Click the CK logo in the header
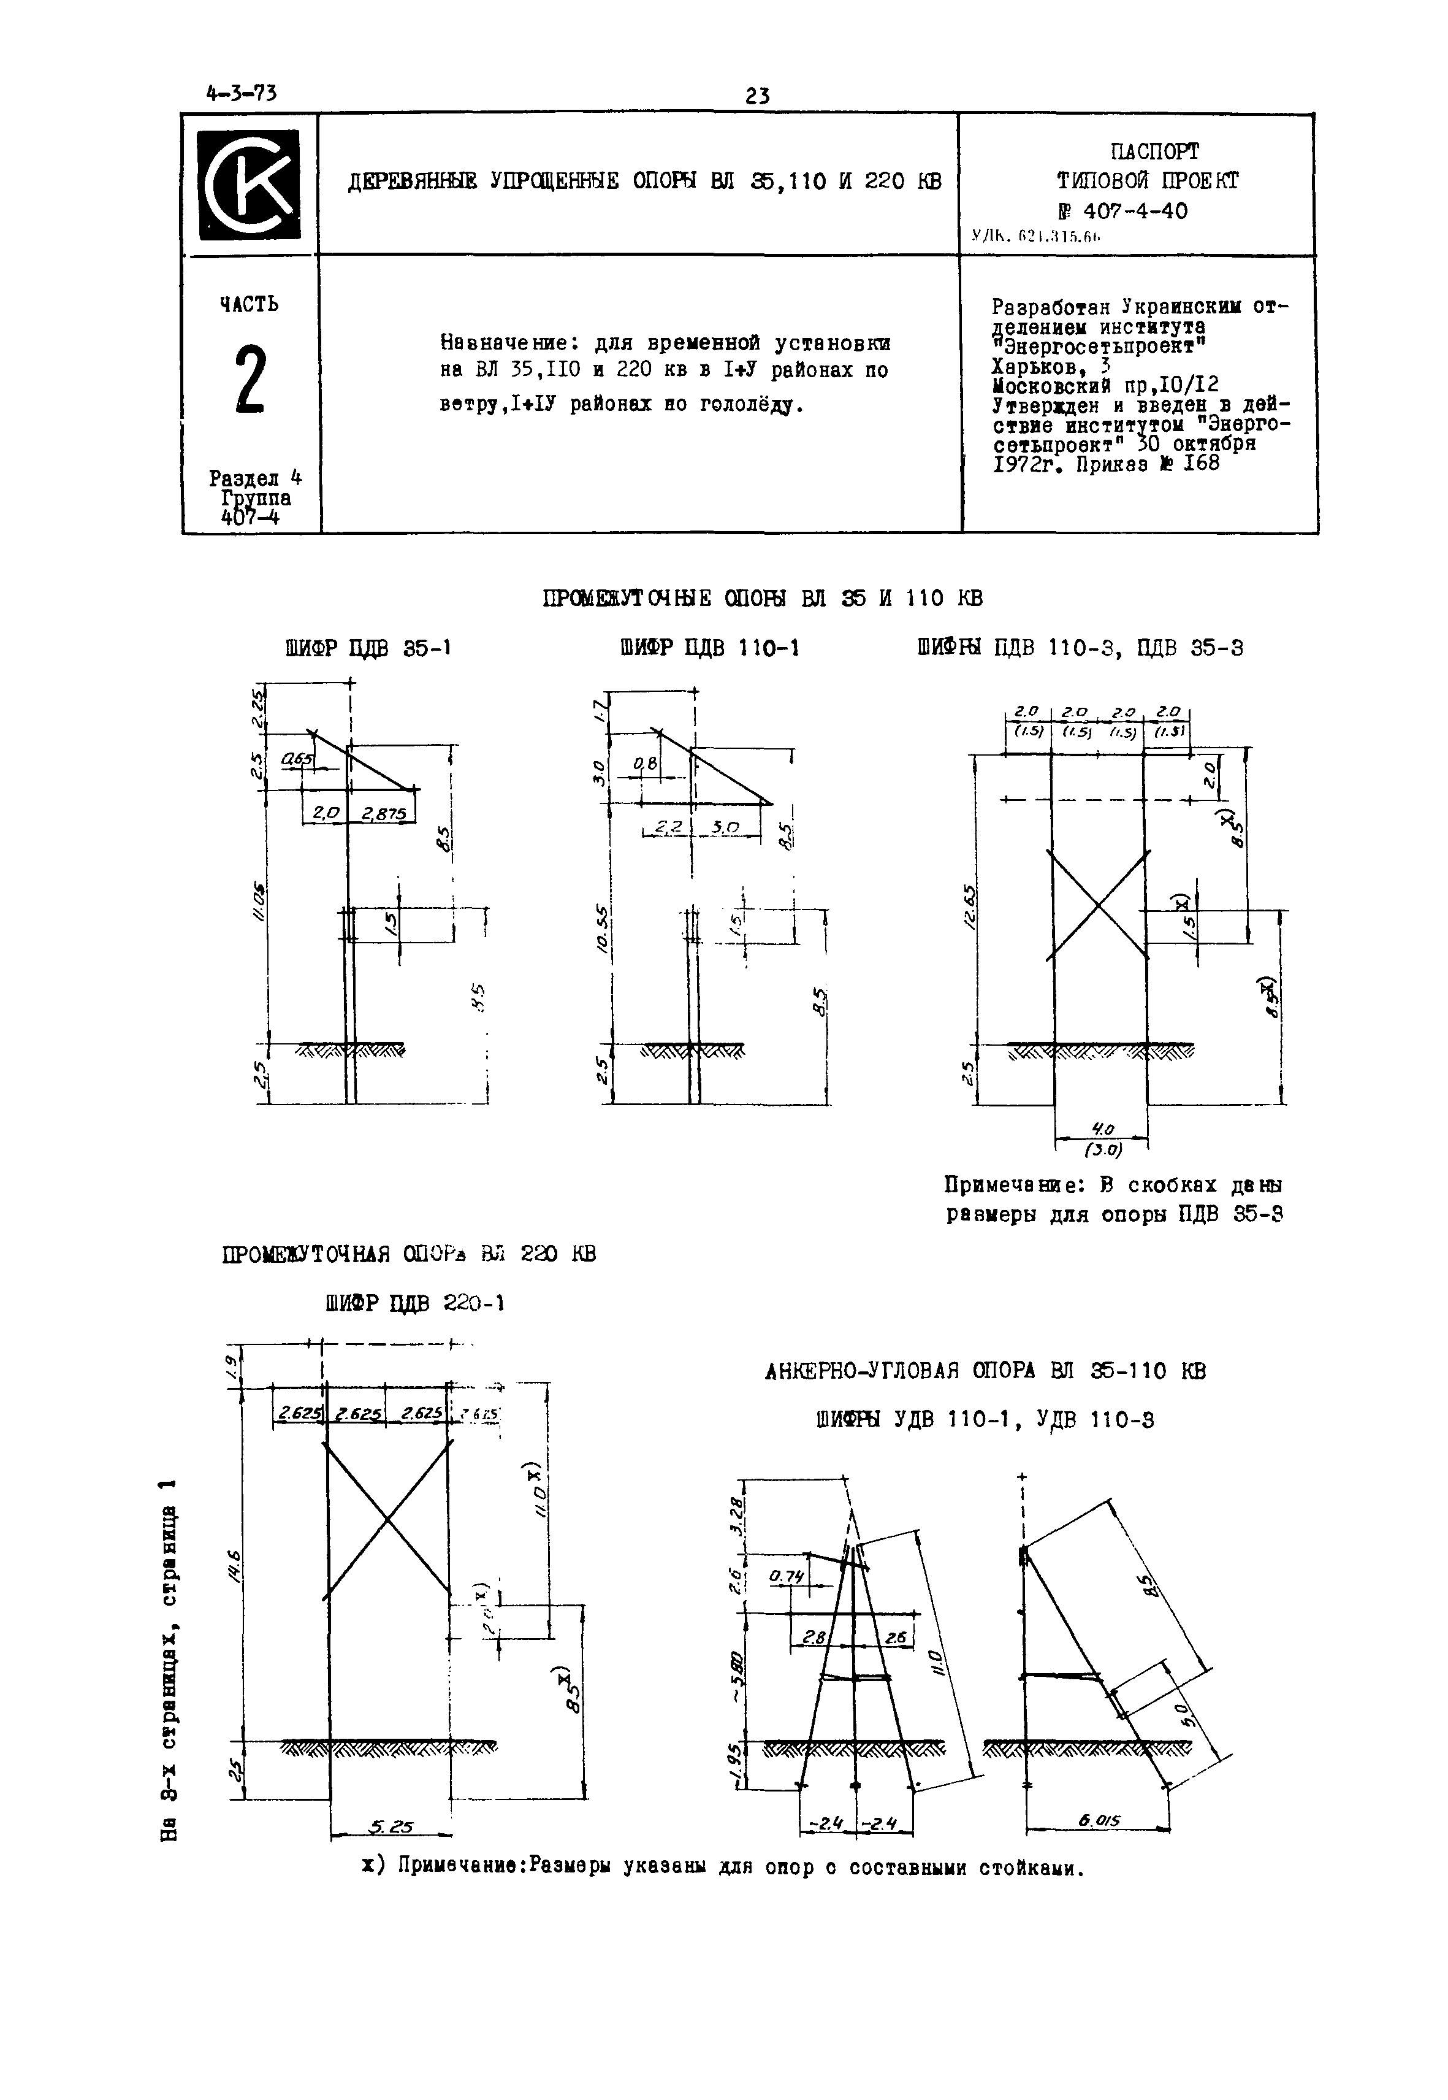250,184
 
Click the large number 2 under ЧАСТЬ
250,380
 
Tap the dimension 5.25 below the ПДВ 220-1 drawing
391,1829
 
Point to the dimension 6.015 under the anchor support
1100,1820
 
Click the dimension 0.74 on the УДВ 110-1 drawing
787,1577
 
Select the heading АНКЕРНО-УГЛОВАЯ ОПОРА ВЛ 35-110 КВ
986,1370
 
